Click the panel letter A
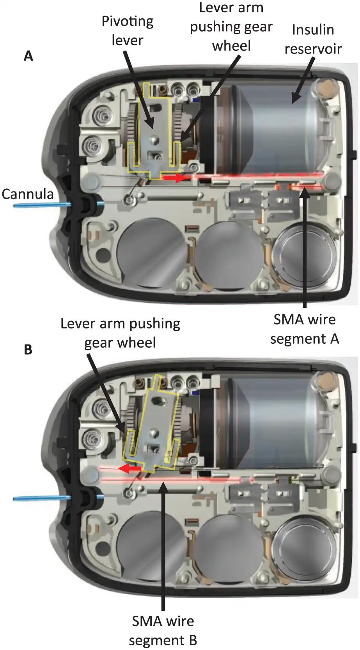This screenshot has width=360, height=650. (x=28, y=56)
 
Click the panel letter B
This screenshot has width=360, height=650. (x=28, y=349)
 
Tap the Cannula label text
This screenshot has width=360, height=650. (x=28, y=194)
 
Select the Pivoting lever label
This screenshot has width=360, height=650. (x=127, y=31)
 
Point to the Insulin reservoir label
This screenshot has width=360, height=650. (x=313, y=39)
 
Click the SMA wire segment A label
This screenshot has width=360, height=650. (x=305, y=329)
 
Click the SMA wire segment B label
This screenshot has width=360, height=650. (x=163, y=630)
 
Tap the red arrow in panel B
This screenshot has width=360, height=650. (x=130, y=468)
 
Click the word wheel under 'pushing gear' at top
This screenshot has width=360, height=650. (x=231, y=46)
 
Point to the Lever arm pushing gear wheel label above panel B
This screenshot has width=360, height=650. (x=120, y=333)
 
